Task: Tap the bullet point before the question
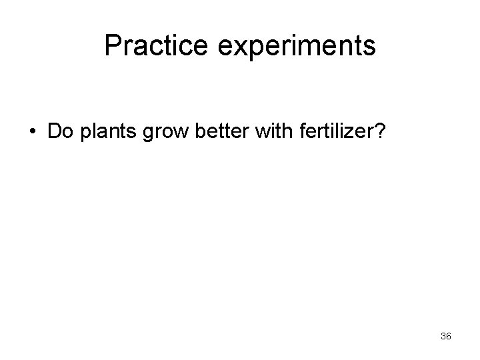pyautogui.click(x=31, y=131)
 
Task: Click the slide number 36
pyautogui.click(x=446, y=337)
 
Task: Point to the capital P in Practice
pyautogui.click(x=112, y=46)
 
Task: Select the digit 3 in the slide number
pyautogui.click(x=443, y=337)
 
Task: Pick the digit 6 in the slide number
pyautogui.click(x=449, y=337)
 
